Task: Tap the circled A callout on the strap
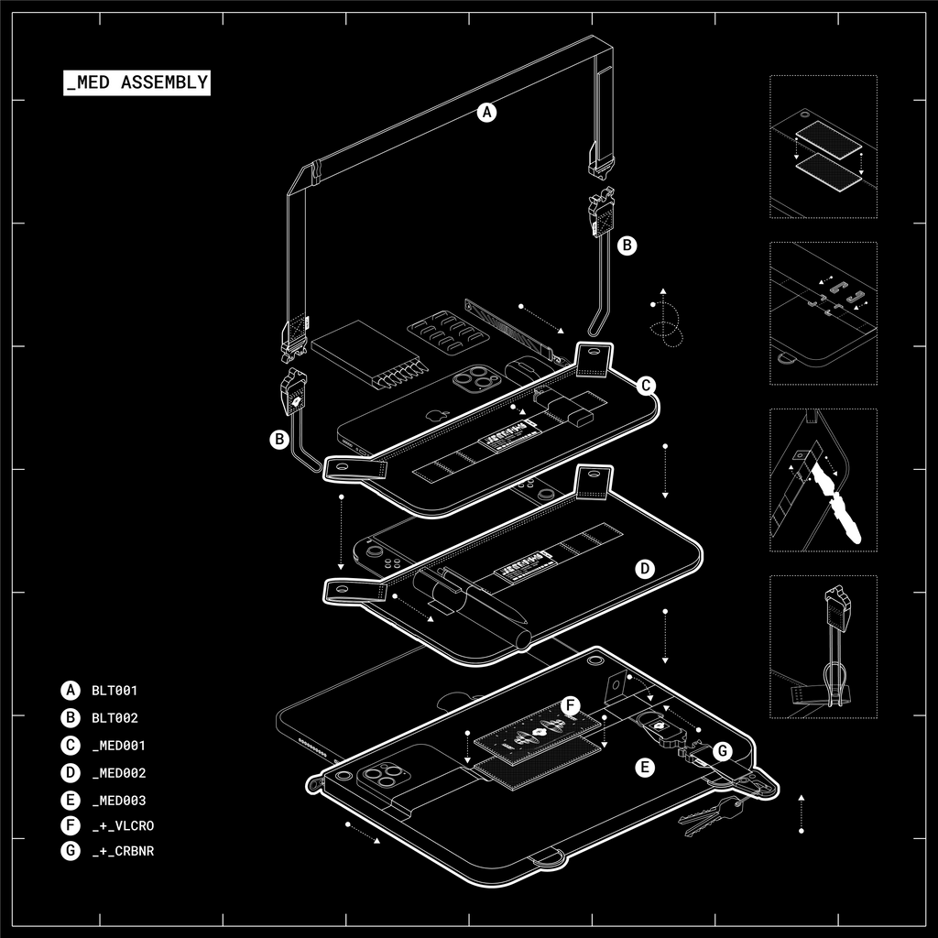click(x=487, y=113)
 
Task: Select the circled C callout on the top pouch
click(x=646, y=386)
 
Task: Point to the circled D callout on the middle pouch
click(x=645, y=569)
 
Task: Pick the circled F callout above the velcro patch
click(x=570, y=706)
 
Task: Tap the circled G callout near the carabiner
click(x=722, y=752)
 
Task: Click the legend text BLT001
click(x=115, y=691)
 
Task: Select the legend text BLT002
click(x=115, y=718)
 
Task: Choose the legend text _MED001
click(x=118, y=746)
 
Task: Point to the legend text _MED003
click(x=118, y=801)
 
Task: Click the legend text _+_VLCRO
click(x=123, y=826)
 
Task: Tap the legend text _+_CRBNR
click(x=123, y=852)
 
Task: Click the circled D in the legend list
click(x=71, y=773)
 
